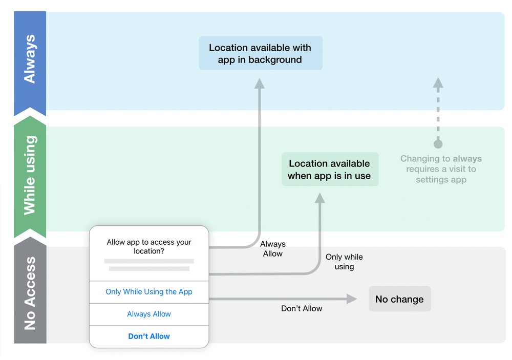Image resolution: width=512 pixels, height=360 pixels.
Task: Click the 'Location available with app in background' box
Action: tap(261, 53)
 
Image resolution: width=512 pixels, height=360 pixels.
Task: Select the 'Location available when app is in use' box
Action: tap(330, 169)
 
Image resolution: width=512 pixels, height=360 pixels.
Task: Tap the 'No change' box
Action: tap(400, 299)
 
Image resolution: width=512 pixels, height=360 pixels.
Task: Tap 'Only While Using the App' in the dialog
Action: tap(149, 292)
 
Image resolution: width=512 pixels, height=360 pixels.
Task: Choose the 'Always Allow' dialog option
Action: tap(149, 314)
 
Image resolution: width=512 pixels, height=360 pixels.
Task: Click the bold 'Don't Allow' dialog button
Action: tap(149, 336)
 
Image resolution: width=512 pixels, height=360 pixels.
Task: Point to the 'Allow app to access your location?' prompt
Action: tap(149, 246)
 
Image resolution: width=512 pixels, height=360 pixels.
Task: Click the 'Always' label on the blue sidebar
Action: tap(30, 59)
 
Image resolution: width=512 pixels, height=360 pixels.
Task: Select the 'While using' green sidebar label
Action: tap(30, 175)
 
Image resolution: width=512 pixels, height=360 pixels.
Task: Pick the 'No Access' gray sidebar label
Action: tap(30, 293)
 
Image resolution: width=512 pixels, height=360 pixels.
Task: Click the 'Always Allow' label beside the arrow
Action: tap(273, 249)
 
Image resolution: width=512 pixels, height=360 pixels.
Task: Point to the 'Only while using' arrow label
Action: tap(344, 262)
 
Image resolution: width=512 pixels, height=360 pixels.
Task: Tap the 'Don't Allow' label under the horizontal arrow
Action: tap(302, 308)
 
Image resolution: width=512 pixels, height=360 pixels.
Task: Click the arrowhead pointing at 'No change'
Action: tap(352, 299)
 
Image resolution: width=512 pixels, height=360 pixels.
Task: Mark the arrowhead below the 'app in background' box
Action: tap(259, 83)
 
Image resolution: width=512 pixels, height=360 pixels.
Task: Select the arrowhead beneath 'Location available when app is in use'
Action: tap(319, 198)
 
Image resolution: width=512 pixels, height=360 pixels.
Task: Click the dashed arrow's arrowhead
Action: tap(438, 82)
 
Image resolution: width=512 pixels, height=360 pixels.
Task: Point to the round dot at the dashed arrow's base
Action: tap(438, 144)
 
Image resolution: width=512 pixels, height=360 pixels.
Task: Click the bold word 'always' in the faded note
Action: tap(467, 159)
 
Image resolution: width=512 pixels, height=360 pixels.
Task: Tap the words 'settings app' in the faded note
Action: tap(441, 180)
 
